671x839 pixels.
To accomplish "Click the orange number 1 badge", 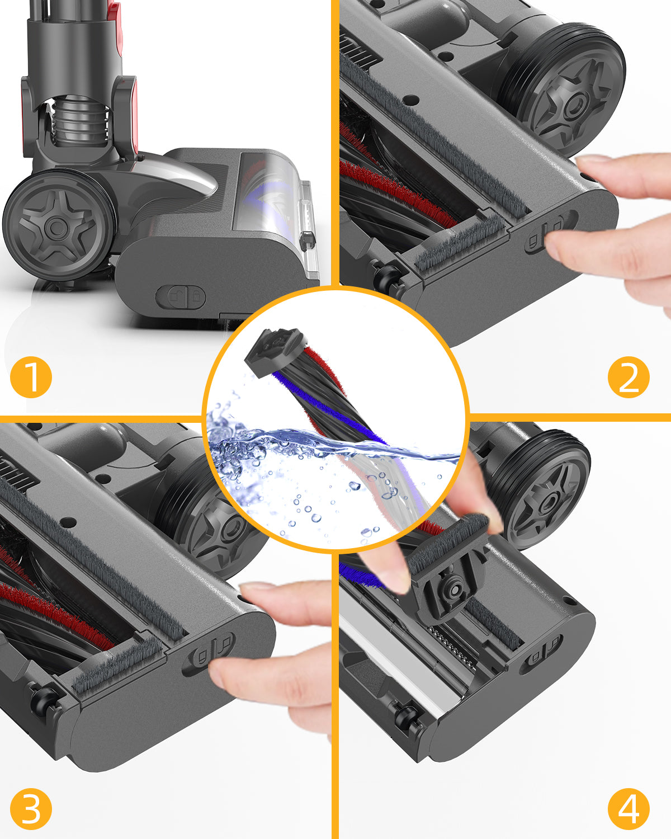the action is pyautogui.click(x=31, y=377).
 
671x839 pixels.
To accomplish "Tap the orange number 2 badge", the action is pyautogui.click(x=629, y=377).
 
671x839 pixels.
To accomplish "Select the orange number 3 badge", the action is pyautogui.click(x=31, y=809).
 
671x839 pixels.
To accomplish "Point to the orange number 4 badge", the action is pyautogui.click(x=629, y=809).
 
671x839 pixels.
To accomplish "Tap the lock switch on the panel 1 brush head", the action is pyautogui.click(x=181, y=297).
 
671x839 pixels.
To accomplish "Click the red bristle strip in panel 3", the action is pyautogui.click(x=55, y=614).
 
